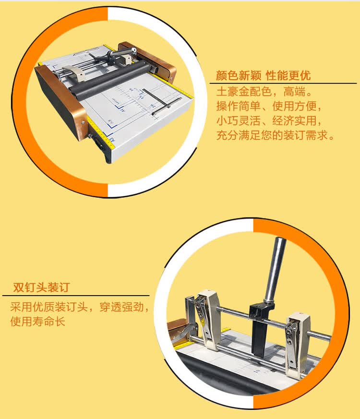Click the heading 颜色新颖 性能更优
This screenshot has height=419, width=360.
point(263,76)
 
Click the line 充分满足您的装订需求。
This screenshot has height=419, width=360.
point(275,135)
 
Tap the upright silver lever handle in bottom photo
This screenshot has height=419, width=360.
point(275,269)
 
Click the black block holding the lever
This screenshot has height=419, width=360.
point(260,331)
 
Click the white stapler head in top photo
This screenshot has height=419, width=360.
point(77,74)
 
